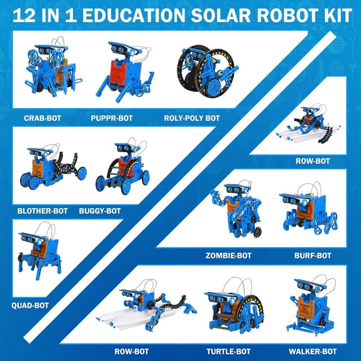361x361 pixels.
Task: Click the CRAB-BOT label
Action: pyautogui.click(x=42, y=118)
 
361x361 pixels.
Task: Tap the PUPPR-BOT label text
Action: pyautogui.click(x=111, y=118)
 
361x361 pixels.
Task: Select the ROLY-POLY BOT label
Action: pyautogui.click(x=191, y=118)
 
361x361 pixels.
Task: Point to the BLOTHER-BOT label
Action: pyautogui.click(x=43, y=211)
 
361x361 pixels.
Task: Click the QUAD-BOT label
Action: pyautogui.click(x=29, y=305)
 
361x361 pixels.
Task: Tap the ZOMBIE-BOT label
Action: pyautogui.click(x=228, y=256)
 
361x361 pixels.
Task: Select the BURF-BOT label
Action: pyautogui.click(x=312, y=256)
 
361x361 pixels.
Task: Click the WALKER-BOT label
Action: pyautogui.click(x=309, y=351)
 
